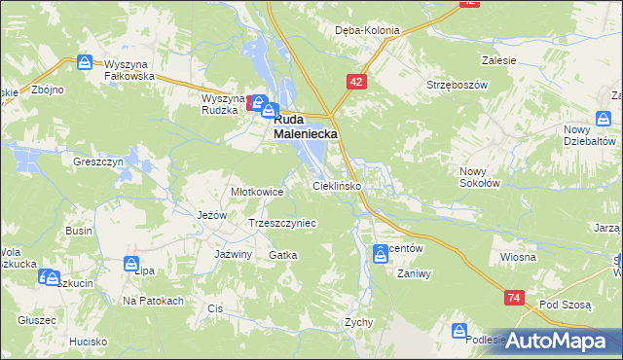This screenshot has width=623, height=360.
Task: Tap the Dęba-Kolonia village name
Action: click(x=367, y=30)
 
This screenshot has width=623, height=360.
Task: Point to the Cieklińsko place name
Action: click(x=337, y=184)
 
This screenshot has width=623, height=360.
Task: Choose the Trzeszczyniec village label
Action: click(x=282, y=223)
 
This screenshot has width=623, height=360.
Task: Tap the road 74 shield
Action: click(x=515, y=298)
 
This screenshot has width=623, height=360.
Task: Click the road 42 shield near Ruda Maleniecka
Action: click(x=356, y=84)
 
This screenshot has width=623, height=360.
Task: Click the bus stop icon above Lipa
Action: click(x=131, y=264)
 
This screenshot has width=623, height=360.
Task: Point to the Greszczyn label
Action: click(x=97, y=162)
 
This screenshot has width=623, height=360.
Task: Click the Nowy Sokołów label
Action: click(x=479, y=176)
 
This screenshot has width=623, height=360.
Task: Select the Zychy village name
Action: click(x=359, y=321)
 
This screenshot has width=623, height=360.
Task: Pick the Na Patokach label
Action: click(x=153, y=301)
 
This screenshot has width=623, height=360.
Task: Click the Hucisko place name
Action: click(x=88, y=342)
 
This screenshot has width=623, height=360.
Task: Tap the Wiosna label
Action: click(x=518, y=257)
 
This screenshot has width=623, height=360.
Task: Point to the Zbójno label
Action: click(x=47, y=90)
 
